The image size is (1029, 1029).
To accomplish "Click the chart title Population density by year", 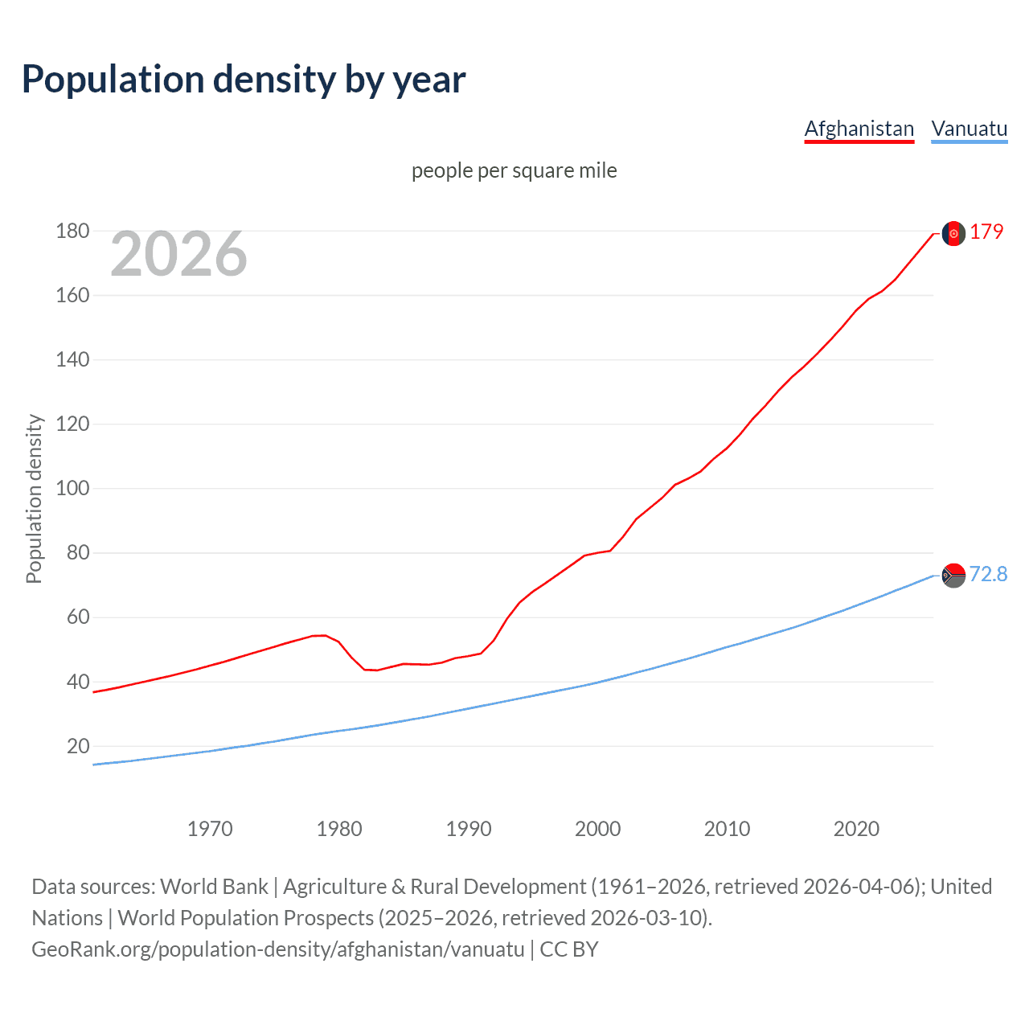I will click(x=244, y=80).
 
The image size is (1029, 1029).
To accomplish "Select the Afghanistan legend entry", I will click(x=859, y=129).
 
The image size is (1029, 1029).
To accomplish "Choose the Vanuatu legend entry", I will click(x=969, y=129).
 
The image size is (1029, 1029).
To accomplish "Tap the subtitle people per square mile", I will click(x=514, y=170).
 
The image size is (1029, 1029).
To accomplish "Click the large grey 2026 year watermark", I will click(x=178, y=254).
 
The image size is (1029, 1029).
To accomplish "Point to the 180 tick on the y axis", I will click(x=72, y=232).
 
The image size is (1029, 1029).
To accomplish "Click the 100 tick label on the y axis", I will click(x=72, y=489).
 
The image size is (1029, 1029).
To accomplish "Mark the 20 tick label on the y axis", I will click(x=78, y=746).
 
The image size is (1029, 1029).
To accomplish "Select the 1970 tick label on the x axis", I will click(x=210, y=829).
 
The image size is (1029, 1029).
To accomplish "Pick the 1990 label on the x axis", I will click(x=469, y=829).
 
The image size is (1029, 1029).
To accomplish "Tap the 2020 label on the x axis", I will click(x=856, y=829).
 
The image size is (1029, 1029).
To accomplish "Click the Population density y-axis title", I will click(x=34, y=498).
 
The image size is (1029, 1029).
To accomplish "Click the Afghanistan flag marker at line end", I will click(x=953, y=233).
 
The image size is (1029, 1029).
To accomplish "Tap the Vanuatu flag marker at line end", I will click(x=953, y=576).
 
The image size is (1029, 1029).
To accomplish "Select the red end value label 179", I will click(x=986, y=232).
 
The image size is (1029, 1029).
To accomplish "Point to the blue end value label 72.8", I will click(x=988, y=574).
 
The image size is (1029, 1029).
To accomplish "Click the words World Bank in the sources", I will click(x=214, y=887).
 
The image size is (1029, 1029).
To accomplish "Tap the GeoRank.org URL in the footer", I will click(x=277, y=949).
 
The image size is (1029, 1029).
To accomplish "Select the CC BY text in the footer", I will click(x=569, y=949).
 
